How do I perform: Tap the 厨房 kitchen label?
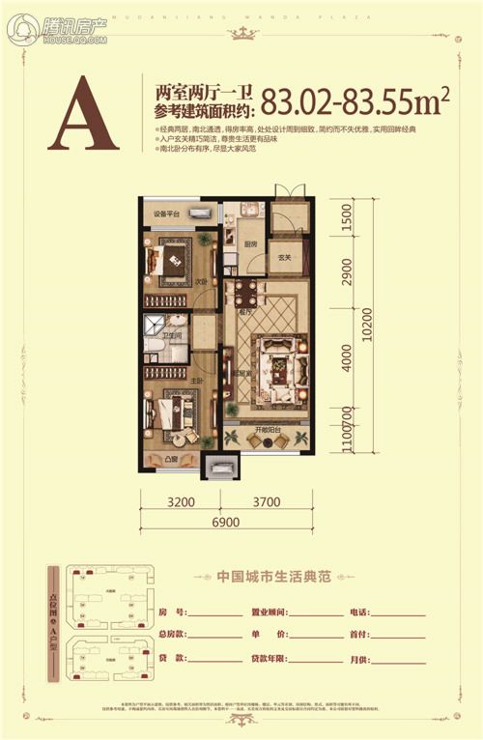(249, 244)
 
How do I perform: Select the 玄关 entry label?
(285, 258)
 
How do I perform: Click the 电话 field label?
(359, 612)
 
